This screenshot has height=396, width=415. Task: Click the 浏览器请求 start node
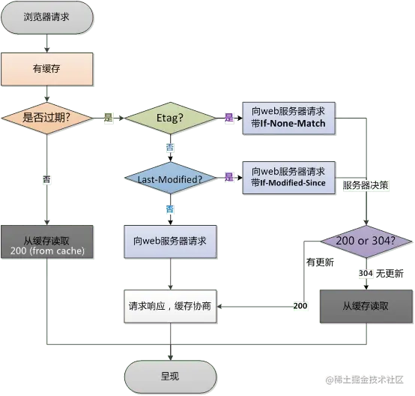pyautogui.click(x=46, y=16)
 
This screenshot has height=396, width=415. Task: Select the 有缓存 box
pyautogui.click(x=46, y=68)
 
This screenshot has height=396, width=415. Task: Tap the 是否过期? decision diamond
pyautogui.click(x=47, y=118)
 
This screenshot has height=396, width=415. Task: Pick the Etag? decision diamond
pyautogui.click(x=170, y=118)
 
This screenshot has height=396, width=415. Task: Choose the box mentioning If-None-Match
pyautogui.click(x=288, y=117)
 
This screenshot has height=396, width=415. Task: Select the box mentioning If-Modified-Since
pyautogui.click(x=288, y=177)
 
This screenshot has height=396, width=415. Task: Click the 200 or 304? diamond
pyautogui.click(x=366, y=241)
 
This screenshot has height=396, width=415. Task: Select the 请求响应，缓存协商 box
pyautogui.click(x=170, y=306)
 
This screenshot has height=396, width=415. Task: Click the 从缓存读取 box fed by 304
pyautogui.click(x=366, y=306)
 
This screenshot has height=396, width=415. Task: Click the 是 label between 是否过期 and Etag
pyautogui.click(x=107, y=118)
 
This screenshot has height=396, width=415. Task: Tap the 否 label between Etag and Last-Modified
pyautogui.click(x=170, y=148)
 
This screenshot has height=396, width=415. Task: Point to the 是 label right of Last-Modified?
pyautogui.click(x=229, y=178)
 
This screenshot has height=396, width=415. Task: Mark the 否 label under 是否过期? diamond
pyautogui.click(x=47, y=179)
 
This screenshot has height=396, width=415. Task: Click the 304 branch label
pyautogui.click(x=366, y=274)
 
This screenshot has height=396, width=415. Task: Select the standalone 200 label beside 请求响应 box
pyautogui.click(x=300, y=307)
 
